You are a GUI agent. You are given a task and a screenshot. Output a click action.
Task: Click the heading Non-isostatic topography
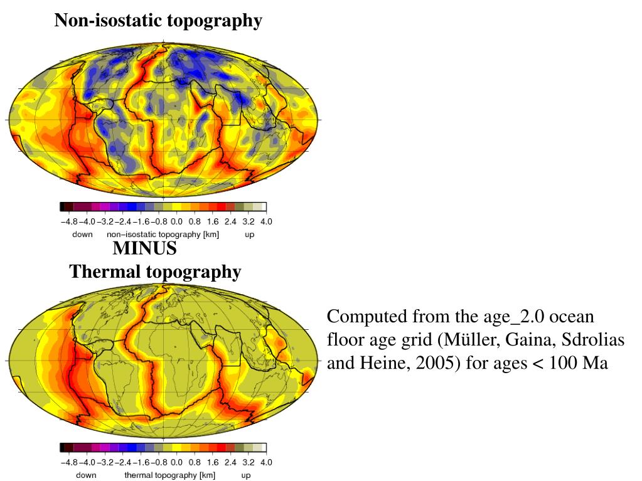158,21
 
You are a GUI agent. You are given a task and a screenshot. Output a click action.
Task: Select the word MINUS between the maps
144,248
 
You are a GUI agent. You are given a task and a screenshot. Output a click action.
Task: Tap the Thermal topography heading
155,272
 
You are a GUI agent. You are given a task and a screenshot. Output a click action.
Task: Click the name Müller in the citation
466,340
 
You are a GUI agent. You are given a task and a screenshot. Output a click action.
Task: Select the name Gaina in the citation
522,340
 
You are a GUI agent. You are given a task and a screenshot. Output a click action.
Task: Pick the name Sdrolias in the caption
585,340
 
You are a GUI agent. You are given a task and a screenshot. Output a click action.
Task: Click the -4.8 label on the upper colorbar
69,221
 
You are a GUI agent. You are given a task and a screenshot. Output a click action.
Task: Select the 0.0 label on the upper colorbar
176,221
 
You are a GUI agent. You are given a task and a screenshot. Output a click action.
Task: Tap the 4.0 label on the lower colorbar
266,463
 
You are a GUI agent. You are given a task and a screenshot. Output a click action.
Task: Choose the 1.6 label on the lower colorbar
212,463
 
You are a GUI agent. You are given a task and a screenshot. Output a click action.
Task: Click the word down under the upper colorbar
82,235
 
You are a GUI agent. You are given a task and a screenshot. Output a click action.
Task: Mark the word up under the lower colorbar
245,475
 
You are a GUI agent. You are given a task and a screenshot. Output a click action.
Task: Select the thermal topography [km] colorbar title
169,475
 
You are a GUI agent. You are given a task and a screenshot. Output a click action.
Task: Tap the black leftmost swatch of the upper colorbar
62,206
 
